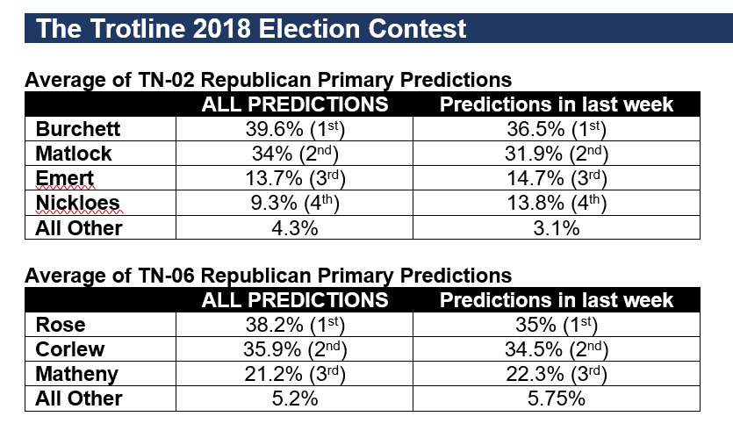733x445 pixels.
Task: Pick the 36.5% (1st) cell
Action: (x=556, y=129)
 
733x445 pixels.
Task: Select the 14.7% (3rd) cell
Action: (x=556, y=178)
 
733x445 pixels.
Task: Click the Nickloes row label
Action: (x=73, y=203)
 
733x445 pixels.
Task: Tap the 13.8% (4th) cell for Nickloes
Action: (x=556, y=203)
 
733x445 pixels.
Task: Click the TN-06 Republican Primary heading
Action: (x=268, y=276)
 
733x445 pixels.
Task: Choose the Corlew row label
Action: (x=69, y=349)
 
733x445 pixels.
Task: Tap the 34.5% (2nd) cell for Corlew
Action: (x=556, y=349)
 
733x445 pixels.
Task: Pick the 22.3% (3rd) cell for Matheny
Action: (x=556, y=374)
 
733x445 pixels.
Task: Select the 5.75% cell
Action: (x=556, y=398)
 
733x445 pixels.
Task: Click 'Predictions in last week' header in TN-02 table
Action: (x=556, y=104)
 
